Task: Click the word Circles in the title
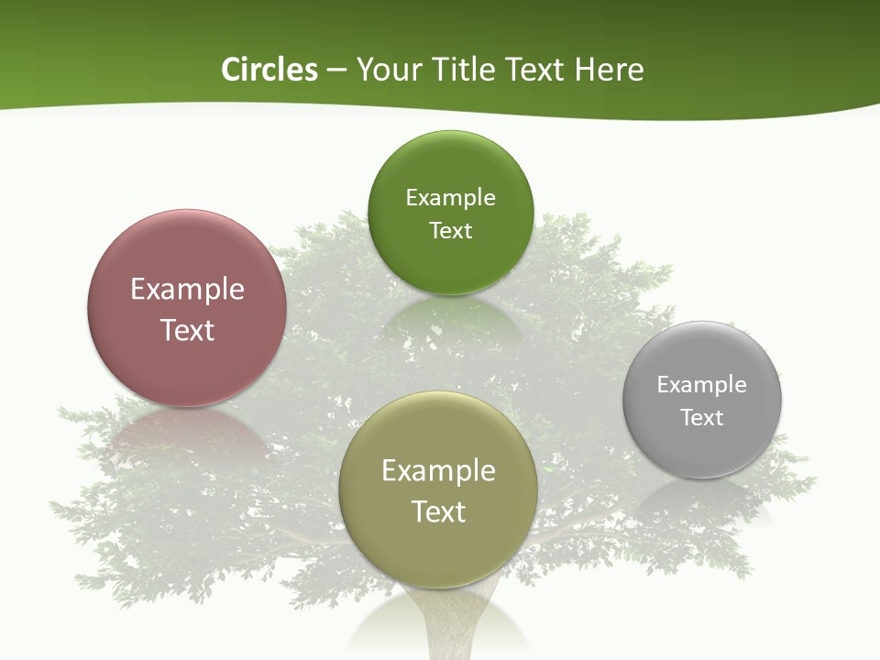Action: [x=269, y=70]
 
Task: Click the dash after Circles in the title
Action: [x=336, y=71]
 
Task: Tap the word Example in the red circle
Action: [x=187, y=290]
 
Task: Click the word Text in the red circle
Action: [x=187, y=330]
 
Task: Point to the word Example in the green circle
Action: [x=450, y=198]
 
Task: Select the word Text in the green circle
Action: [x=450, y=230]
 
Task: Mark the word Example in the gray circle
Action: [x=702, y=385]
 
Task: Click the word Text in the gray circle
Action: [x=702, y=418]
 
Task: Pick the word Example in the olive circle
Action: [x=438, y=471]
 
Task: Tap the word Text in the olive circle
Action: [x=438, y=511]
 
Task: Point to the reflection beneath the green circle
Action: [x=449, y=316]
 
